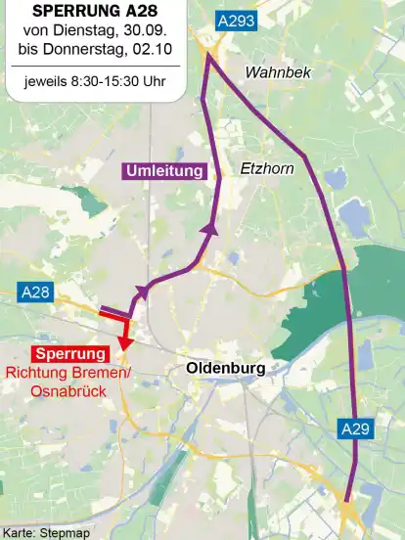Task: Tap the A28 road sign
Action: [x=35, y=292]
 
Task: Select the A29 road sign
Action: [x=356, y=427]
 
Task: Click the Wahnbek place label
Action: [x=276, y=72]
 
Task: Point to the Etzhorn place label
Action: [x=268, y=169]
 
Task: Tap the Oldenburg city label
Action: [x=225, y=368]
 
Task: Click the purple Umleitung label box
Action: [x=165, y=171]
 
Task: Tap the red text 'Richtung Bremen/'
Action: [x=67, y=373]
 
